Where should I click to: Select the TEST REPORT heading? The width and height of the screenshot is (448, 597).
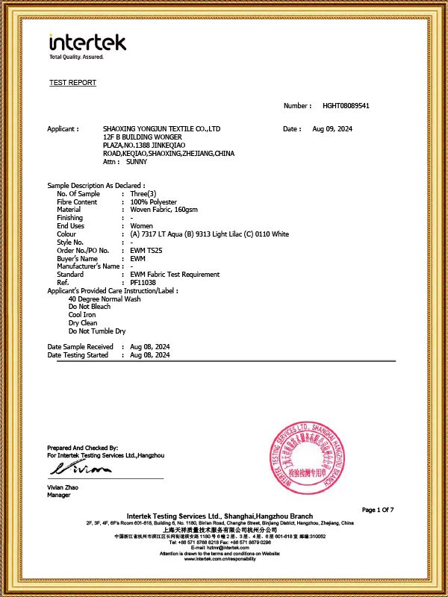(x=72, y=83)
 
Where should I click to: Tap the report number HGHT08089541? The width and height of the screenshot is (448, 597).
(x=346, y=106)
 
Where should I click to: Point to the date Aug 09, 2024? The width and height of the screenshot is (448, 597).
(x=332, y=129)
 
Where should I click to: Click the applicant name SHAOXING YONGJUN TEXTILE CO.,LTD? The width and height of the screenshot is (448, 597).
(x=161, y=129)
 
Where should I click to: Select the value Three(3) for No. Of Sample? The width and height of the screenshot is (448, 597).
(x=145, y=194)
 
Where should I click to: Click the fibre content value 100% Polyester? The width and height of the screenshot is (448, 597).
(x=153, y=202)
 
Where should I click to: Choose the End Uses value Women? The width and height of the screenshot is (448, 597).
(x=141, y=226)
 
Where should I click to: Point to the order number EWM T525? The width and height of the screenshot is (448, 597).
(x=146, y=250)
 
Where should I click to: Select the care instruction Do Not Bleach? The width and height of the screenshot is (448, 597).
(x=90, y=307)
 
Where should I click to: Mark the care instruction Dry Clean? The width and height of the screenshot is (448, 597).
(x=84, y=323)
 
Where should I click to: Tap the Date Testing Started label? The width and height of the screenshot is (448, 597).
(x=78, y=355)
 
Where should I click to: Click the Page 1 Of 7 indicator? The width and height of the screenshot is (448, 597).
(x=377, y=510)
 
